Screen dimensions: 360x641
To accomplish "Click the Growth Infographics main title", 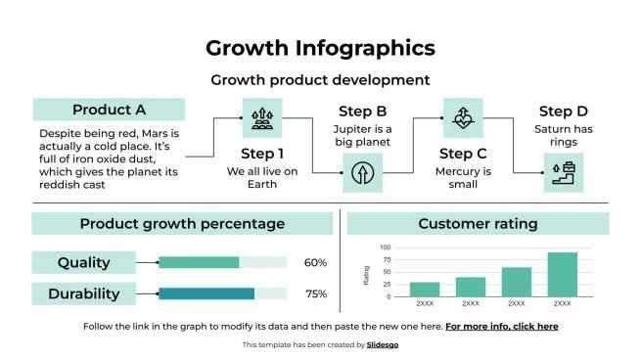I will coord(321,48).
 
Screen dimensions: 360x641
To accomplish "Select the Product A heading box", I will coord(109,110).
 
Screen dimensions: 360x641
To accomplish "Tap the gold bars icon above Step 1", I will coord(262,117).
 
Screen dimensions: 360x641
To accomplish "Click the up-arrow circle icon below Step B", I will coord(362,174).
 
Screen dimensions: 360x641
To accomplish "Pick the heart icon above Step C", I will coord(463,117).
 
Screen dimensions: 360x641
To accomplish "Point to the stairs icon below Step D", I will coord(563,174).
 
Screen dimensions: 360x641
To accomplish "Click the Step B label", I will coord(362,112).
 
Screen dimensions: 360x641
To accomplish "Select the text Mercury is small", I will coord(463,178).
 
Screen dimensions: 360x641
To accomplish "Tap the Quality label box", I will coord(83,262).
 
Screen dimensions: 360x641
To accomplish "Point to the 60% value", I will coord(315,262).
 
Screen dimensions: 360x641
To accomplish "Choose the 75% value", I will coord(315,293).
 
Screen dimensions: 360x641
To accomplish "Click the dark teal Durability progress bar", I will coord(206,293).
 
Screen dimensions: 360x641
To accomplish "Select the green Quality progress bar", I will coord(199,262).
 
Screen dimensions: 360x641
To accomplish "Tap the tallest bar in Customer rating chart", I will coord(562,274).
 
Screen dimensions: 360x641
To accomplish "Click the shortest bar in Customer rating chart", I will coord(425,289).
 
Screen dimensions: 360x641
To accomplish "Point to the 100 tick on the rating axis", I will coord(385,247).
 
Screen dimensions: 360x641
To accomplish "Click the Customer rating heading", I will coord(478,224).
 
